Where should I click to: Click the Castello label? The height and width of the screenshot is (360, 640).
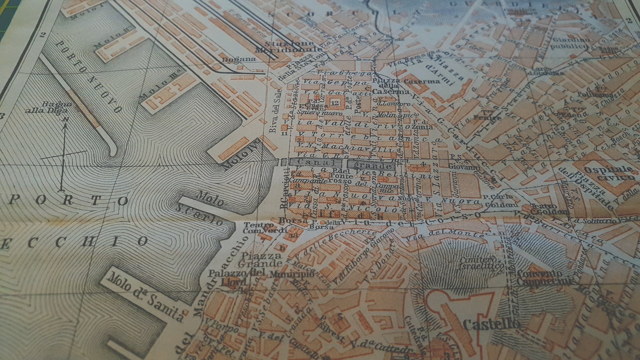(491, 324)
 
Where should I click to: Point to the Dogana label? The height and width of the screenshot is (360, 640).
(239, 59)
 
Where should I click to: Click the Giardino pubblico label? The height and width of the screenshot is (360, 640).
(570, 44)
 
